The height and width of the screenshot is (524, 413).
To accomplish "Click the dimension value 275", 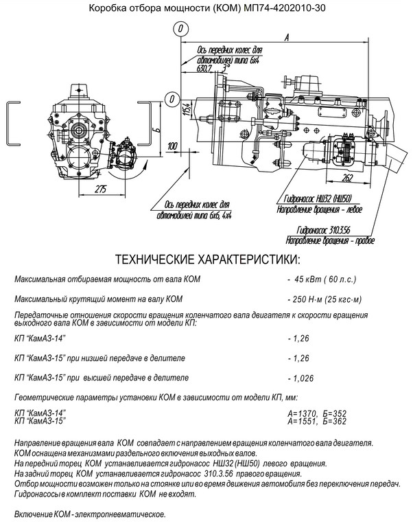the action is (100, 190).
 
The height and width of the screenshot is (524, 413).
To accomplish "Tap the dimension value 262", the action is (347, 178).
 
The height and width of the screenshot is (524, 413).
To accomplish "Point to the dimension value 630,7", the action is (204, 69).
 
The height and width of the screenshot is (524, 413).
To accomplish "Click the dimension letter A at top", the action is (287, 38).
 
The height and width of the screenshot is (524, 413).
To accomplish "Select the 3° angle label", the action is (226, 68).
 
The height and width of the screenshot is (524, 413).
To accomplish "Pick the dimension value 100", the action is (172, 146).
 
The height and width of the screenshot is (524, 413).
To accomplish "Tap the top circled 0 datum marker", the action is (181, 28).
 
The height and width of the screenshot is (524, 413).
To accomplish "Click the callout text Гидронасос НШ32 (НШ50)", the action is (317, 199).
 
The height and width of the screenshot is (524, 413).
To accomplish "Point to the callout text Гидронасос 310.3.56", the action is (323, 230).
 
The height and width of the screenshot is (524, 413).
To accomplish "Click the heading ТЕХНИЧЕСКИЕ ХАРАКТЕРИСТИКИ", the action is (207, 260).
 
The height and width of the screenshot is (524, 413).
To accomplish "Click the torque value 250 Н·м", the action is (307, 299).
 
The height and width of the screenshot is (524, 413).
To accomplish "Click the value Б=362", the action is (335, 421).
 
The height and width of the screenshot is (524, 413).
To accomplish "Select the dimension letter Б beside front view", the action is (158, 127).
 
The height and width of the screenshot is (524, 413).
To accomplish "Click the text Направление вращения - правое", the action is (330, 240).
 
